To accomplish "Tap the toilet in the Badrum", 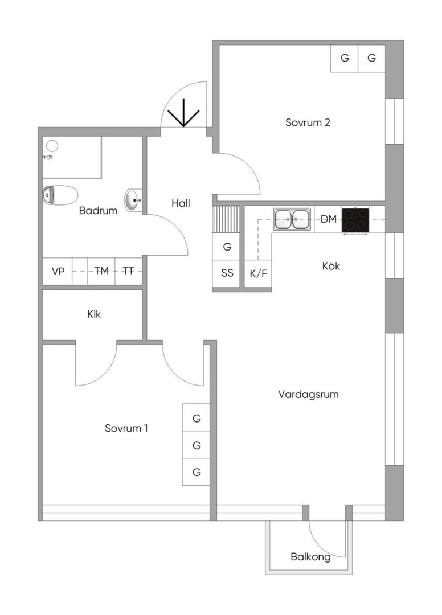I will coord(60,195).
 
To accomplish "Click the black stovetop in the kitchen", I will coord(355,220).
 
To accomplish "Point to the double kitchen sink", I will coord(292,219).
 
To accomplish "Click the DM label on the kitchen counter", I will coord(328,219).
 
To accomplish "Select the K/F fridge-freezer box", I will coord(258,273).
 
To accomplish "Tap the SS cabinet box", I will coord(227,273).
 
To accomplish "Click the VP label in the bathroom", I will coord(58,272).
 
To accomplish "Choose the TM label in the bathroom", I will coord(101,272).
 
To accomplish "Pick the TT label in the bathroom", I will coord(129,272).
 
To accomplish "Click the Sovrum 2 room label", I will coord(308,122).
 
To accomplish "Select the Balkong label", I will coord(310,557).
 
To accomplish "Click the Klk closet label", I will coord(94,313).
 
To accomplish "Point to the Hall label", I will coord(181,203).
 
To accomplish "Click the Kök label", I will coord(330,265).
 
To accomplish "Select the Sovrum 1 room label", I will coord(126,428).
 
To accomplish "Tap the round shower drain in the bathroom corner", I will coord(52,145).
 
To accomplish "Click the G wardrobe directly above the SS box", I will coord(227,247).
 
